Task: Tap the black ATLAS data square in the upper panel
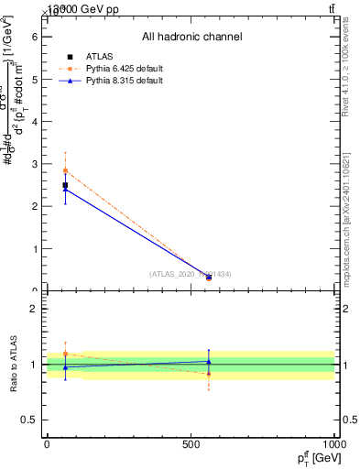tap(65, 185)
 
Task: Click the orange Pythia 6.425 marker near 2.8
tap(65, 170)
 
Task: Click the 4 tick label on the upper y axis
tap(34, 122)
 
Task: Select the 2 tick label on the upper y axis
tap(34, 207)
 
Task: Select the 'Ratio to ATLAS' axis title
tap(14, 364)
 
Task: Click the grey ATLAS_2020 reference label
tap(191, 274)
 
